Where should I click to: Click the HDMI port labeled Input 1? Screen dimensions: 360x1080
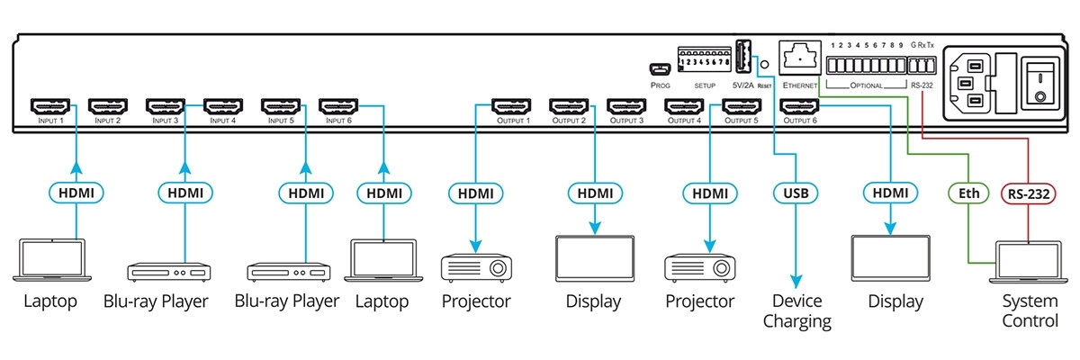pyautogui.click(x=52, y=107)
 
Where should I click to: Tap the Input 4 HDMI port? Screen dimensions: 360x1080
pyautogui.click(x=223, y=107)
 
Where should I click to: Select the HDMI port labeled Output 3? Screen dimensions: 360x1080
pyautogui.click(x=627, y=107)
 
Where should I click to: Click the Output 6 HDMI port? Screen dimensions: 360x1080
pyautogui.click(x=800, y=107)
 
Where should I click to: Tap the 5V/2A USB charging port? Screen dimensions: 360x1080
pyautogui.click(x=744, y=59)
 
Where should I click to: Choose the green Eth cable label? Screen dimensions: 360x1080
pyautogui.click(x=967, y=192)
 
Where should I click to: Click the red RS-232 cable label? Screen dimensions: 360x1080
pyautogui.click(x=1027, y=192)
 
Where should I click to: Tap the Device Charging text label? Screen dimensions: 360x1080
pyautogui.click(x=796, y=310)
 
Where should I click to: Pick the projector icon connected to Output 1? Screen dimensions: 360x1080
pyautogui.click(x=476, y=267)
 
